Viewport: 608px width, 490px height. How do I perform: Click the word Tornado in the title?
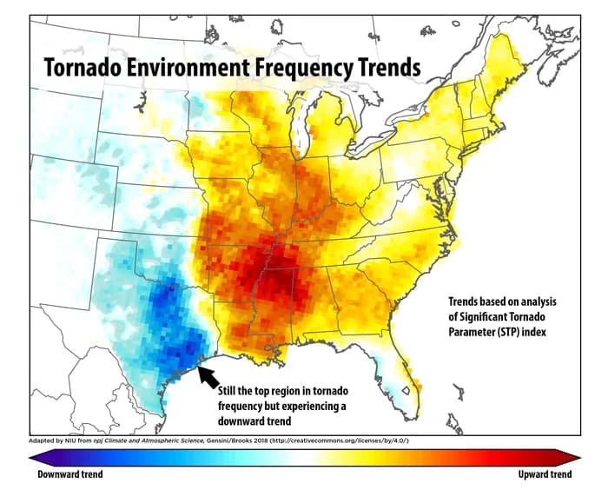pyautogui.click(x=83, y=67)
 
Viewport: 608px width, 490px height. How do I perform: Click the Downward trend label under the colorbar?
pyautogui.click(x=70, y=475)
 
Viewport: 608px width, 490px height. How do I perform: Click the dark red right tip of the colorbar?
pyautogui.click(x=574, y=458)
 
